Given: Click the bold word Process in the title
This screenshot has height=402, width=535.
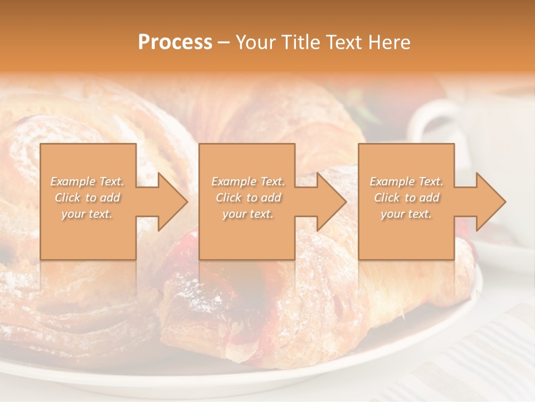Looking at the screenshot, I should [x=175, y=42].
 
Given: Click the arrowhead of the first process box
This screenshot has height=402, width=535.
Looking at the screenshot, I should [x=170, y=202].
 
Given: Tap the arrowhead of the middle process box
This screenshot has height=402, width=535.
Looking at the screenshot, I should [x=329, y=202].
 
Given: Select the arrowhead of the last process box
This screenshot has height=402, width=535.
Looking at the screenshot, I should [x=488, y=202].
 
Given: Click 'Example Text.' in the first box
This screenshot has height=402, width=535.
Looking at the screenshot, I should [x=87, y=181].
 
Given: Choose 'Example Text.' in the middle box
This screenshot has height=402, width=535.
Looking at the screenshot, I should [x=248, y=181].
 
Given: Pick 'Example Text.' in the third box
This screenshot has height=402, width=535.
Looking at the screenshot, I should [x=406, y=181].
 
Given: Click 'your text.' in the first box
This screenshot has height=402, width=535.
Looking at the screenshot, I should [x=87, y=214].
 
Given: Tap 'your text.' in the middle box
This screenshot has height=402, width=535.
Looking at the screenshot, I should [x=247, y=214].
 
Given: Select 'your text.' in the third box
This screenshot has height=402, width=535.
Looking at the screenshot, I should [x=406, y=214].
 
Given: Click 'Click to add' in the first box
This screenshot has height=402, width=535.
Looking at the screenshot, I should [x=87, y=198].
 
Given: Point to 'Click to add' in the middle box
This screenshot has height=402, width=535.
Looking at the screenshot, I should [x=248, y=198].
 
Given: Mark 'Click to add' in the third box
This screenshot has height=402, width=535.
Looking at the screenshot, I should [x=406, y=198].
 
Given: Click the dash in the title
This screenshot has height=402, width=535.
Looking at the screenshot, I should [x=223, y=43].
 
